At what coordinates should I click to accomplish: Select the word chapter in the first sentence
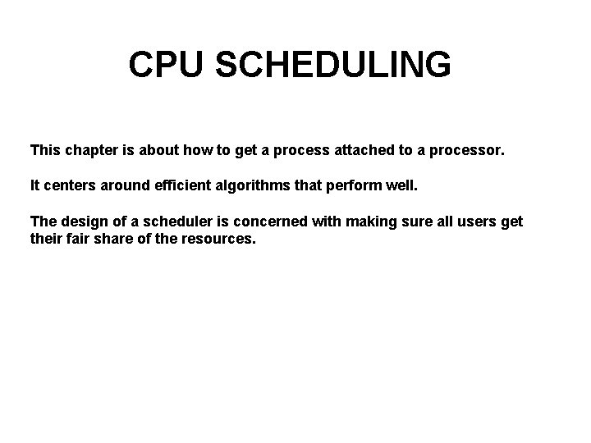pos(92,151)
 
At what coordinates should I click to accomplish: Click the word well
pos(402,186)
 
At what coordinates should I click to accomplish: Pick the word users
pos(474,221)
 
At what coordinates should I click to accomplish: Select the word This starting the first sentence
pos(44,151)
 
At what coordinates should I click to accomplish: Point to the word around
pos(121,186)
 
